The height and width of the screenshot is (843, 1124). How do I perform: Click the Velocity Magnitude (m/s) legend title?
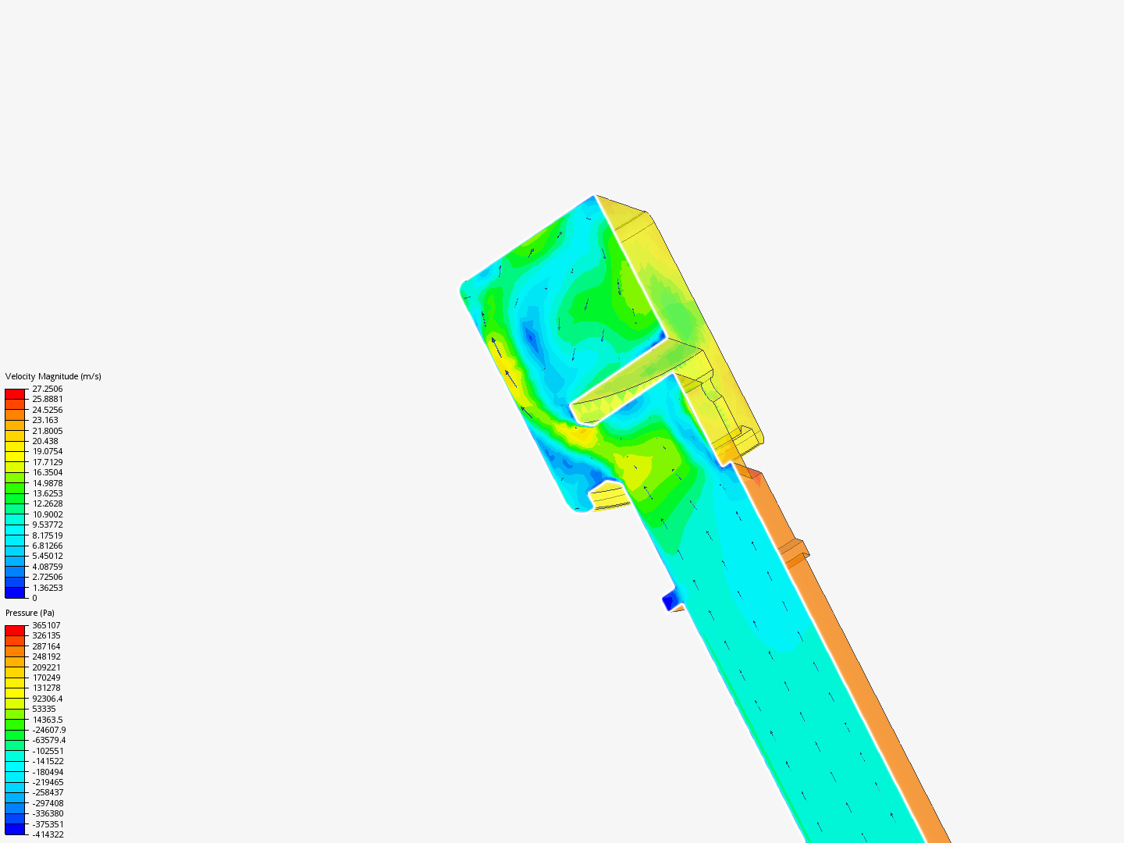(x=53, y=376)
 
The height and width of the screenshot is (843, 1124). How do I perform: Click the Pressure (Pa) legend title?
(x=30, y=613)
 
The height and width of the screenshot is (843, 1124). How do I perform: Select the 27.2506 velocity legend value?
(x=47, y=389)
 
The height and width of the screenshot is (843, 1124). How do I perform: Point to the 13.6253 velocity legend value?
(x=47, y=493)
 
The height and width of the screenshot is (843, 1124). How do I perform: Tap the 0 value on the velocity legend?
(x=34, y=598)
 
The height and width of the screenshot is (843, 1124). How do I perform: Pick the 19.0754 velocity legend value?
(x=47, y=451)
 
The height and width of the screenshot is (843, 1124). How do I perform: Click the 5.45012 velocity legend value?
(x=47, y=556)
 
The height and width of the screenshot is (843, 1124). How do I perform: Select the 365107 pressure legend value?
(x=46, y=625)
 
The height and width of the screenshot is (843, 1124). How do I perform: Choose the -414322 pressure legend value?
(x=48, y=834)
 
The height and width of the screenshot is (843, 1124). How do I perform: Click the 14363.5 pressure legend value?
(x=47, y=720)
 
